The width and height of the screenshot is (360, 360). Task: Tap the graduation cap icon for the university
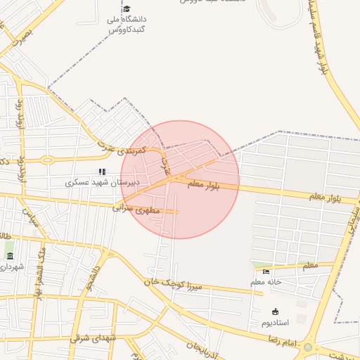point(127,9)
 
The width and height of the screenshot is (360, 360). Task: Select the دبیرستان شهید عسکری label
point(103,182)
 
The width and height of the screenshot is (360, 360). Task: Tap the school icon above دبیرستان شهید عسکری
point(103,171)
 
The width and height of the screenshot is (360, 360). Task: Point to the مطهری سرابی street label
point(137,209)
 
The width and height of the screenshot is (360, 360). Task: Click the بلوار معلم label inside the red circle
point(205,185)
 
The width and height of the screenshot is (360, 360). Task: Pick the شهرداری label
point(11,266)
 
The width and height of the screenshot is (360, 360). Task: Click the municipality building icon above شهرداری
point(10,256)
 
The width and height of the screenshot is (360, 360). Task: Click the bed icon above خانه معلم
point(266,271)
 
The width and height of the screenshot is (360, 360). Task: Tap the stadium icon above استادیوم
point(275,311)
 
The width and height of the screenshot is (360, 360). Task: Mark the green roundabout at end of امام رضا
point(307,347)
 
